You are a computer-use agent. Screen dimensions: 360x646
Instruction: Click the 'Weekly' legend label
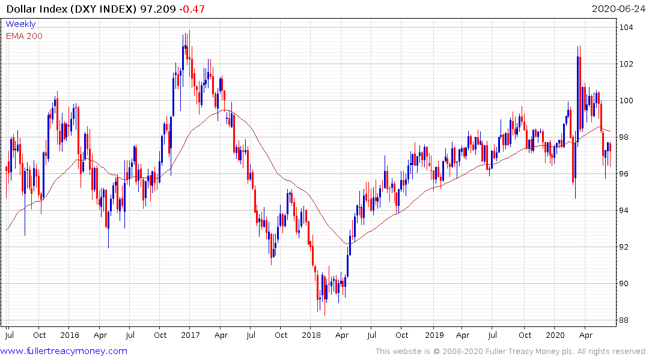pos(20,24)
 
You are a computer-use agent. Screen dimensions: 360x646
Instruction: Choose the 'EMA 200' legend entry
pos(24,36)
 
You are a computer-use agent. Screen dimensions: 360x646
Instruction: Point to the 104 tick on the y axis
pos(626,28)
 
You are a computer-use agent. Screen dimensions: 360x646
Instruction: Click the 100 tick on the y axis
pos(626,101)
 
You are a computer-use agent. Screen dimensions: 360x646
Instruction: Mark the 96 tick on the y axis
pos(626,174)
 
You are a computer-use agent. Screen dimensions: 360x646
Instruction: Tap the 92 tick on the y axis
pos(626,247)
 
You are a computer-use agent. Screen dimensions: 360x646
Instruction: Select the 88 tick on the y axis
pos(626,320)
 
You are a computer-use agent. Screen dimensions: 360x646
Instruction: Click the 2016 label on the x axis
pos(70,335)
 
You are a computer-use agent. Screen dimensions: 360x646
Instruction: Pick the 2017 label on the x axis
pos(190,335)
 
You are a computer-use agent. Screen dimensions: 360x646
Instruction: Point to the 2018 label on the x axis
pos(311,335)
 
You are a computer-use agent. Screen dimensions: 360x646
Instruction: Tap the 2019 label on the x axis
pos(432,335)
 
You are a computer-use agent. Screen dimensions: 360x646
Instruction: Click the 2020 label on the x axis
pos(553,335)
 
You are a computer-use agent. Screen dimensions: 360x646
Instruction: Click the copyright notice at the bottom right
pos(510,352)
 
